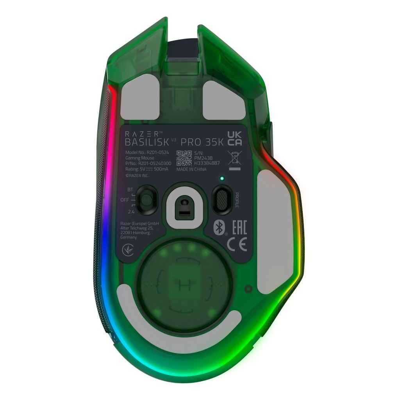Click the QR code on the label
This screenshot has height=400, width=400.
coord(184,157)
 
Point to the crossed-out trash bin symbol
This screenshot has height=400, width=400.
coord(234,158)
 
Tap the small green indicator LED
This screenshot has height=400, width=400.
coord(222,179)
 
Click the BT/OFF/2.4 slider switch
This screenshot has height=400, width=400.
coord(147,200)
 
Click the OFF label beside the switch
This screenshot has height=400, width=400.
coord(125,200)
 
